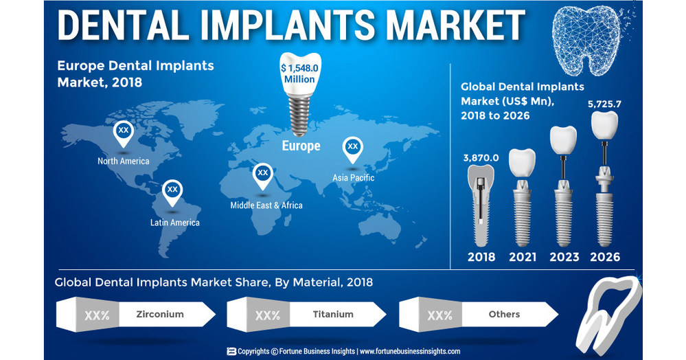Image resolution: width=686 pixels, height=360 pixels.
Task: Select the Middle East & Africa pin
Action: click(x=262, y=176)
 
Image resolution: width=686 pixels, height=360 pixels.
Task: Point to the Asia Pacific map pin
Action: click(x=352, y=149)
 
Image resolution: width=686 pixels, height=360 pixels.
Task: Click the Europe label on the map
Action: click(x=301, y=146)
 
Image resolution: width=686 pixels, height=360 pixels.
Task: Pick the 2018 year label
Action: click(x=481, y=257)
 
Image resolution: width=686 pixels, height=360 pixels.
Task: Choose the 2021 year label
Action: click(x=523, y=257)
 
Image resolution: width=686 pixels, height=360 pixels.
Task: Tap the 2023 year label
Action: click(x=564, y=257)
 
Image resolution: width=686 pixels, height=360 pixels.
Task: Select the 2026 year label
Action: click(x=605, y=257)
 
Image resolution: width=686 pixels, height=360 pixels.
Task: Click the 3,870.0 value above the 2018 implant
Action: click(x=481, y=157)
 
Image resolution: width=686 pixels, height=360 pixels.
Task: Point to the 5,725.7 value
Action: click(x=604, y=104)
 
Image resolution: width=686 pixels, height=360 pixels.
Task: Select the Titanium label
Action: click(x=333, y=314)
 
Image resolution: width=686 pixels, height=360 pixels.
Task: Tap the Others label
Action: click(x=504, y=314)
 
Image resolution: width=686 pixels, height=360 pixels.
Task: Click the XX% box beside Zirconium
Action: click(x=97, y=315)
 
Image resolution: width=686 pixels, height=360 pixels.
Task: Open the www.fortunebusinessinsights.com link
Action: click(x=410, y=351)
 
